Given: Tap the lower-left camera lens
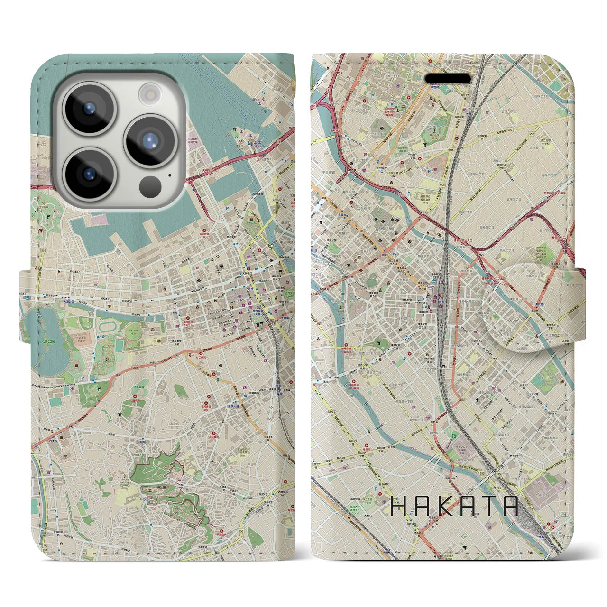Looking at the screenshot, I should coord(90,174).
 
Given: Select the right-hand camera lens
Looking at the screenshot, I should coord(150,140).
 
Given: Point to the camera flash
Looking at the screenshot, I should coord(150,92).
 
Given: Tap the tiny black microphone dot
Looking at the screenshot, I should coord(169,175).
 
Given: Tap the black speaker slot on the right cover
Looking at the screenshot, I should coord(447,78).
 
